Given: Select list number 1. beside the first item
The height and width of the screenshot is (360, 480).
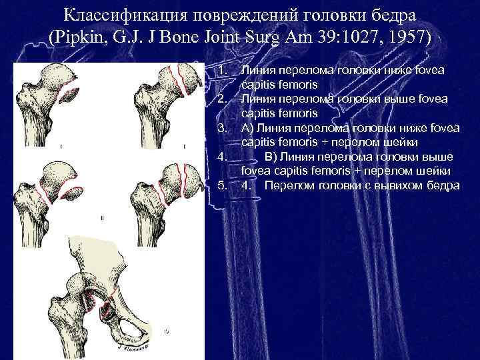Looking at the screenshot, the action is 223,70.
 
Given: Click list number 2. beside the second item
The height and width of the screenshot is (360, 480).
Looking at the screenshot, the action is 223,99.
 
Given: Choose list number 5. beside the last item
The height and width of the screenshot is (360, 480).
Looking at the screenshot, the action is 223,185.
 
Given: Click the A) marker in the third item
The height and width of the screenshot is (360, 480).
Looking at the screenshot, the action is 247,128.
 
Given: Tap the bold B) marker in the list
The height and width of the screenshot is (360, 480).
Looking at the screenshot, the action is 271,157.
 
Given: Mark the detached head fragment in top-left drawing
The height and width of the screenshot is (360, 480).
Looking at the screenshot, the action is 69,95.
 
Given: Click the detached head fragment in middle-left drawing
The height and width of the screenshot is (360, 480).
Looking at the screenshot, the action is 73,193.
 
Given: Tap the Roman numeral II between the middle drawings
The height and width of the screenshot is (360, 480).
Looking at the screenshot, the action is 103,218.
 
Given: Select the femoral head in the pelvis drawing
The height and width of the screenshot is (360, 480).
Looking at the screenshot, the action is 77,285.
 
